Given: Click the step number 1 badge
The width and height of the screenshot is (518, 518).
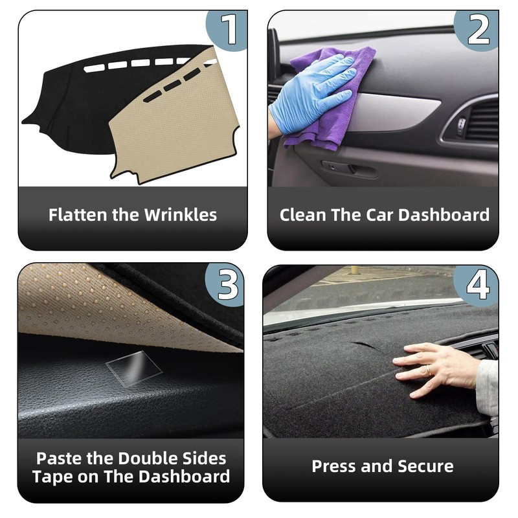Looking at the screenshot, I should pyautogui.click(x=229, y=28).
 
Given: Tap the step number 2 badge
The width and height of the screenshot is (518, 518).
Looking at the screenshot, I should pyautogui.click(x=479, y=29).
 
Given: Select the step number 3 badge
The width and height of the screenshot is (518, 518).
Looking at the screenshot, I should pyautogui.click(x=227, y=283).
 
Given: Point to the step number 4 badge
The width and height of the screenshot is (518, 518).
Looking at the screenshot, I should pyautogui.click(x=478, y=283).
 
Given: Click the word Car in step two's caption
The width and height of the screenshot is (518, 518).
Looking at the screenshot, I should pyautogui.click(x=374, y=215).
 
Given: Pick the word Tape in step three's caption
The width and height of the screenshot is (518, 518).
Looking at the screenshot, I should pyautogui.click(x=54, y=477).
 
